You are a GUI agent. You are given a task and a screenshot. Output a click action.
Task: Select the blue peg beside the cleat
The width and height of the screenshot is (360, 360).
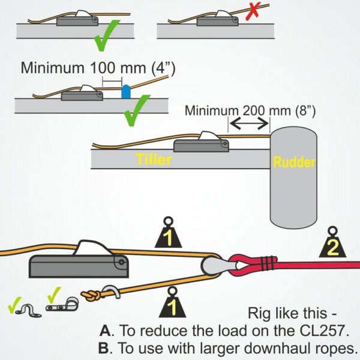(x=125, y=92)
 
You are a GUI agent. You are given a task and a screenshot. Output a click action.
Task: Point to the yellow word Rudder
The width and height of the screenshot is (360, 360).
(x=293, y=161)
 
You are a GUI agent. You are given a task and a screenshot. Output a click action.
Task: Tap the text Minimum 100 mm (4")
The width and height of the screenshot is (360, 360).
(x=98, y=67)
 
